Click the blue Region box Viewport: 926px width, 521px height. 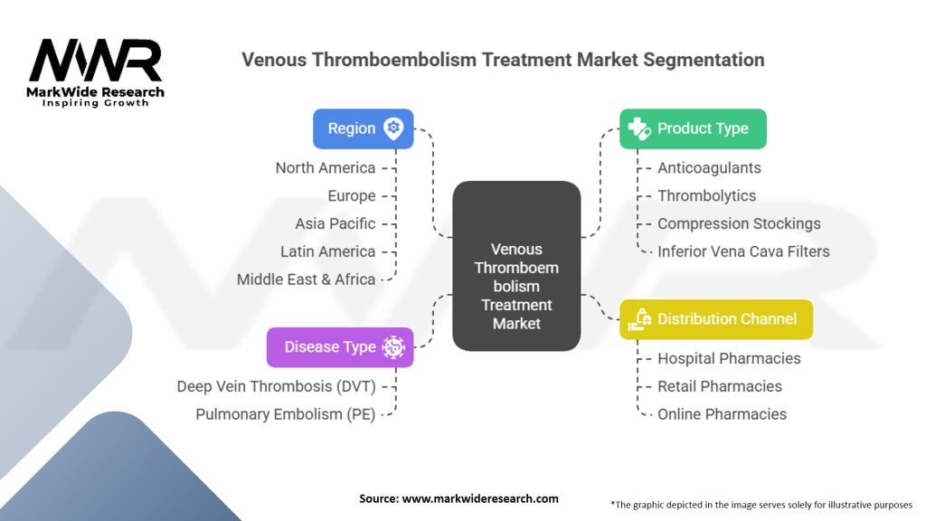click(363, 128)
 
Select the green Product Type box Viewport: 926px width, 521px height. click(692, 128)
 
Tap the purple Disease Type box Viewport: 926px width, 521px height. click(339, 347)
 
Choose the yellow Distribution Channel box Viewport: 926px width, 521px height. click(715, 318)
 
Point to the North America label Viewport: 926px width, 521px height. click(325, 167)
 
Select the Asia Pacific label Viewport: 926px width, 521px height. click(335, 223)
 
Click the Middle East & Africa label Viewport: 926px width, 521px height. click(306, 279)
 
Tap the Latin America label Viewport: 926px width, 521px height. click(328, 251)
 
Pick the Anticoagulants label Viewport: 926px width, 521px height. click(709, 167)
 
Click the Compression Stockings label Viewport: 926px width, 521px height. click(739, 223)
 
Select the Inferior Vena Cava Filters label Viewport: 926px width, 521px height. click(743, 251)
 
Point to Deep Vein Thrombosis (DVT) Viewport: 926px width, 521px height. click(276, 386)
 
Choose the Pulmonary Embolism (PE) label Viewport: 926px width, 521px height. click(286, 414)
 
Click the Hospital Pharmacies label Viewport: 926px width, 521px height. click(729, 358)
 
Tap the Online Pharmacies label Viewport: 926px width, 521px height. click(722, 414)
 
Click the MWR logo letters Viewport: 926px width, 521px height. click(95, 62)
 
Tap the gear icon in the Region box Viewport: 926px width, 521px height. click(393, 128)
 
